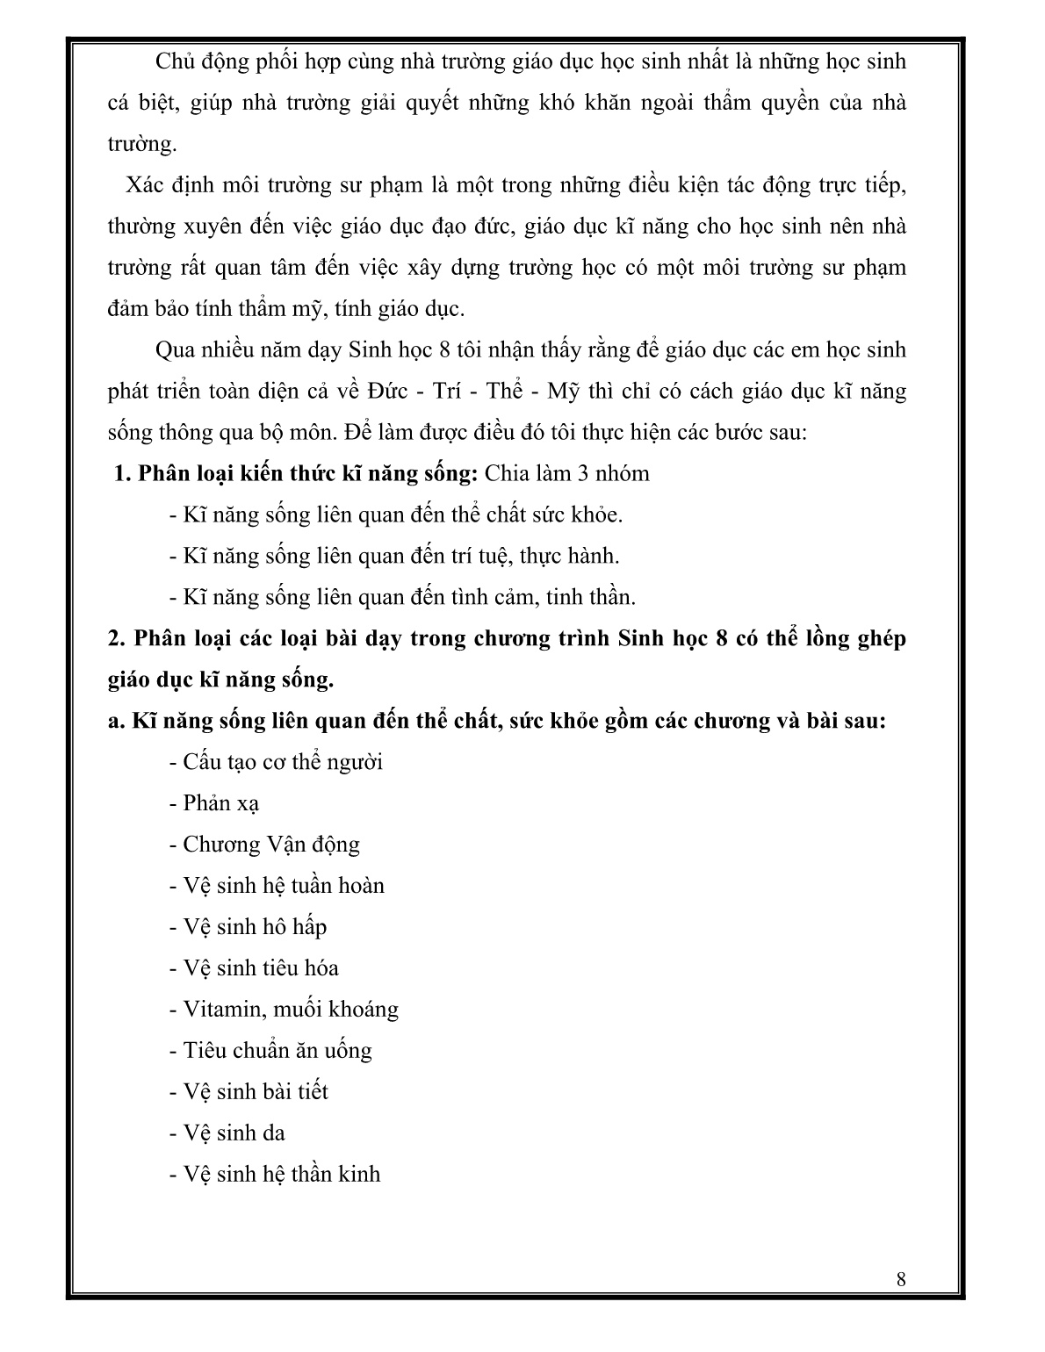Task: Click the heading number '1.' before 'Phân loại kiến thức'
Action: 122,474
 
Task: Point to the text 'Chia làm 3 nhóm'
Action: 567,474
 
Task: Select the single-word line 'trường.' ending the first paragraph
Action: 142,144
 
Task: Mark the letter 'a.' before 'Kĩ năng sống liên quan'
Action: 116,722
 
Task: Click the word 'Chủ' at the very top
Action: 173,61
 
